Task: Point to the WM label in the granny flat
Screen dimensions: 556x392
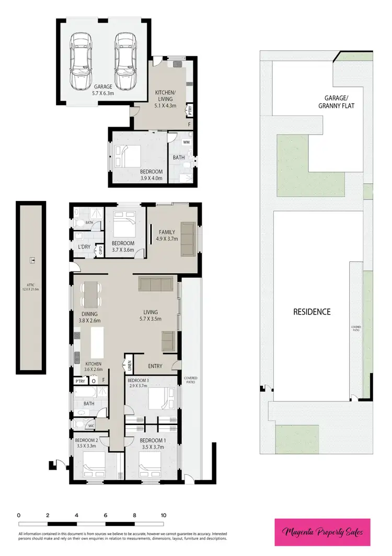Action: coord(186,142)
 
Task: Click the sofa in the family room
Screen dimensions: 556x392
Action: coord(188,239)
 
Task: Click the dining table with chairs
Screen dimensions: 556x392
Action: coord(91,294)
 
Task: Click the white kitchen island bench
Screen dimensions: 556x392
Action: coord(98,341)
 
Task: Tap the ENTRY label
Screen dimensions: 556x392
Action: coord(155,366)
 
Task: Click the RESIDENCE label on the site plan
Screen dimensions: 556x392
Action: coord(312,312)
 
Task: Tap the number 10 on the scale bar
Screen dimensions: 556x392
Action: coord(164,515)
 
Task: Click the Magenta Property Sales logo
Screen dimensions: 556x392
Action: coord(322,532)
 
